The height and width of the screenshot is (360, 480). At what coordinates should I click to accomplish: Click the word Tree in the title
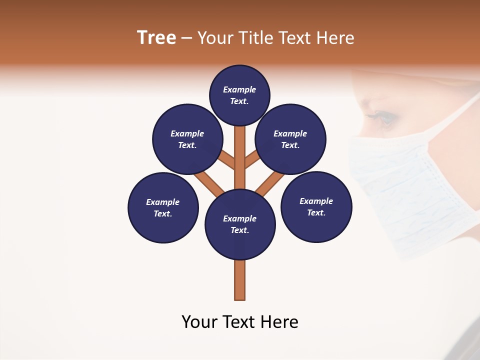(156, 38)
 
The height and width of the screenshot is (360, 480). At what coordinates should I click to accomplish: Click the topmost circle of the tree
(239, 95)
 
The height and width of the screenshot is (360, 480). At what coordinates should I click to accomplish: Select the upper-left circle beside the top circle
(187, 139)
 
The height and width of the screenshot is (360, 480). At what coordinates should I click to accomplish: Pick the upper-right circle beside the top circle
(290, 139)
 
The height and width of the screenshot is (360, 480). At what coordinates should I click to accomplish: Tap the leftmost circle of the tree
(163, 207)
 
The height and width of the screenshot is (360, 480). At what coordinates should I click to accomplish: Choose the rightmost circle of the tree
(316, 206)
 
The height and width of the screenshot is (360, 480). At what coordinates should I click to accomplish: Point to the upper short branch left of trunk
(227, 161)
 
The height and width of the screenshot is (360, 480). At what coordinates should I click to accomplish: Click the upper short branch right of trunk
(252, 161)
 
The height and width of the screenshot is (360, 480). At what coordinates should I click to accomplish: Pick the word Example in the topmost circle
(239, 89)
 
